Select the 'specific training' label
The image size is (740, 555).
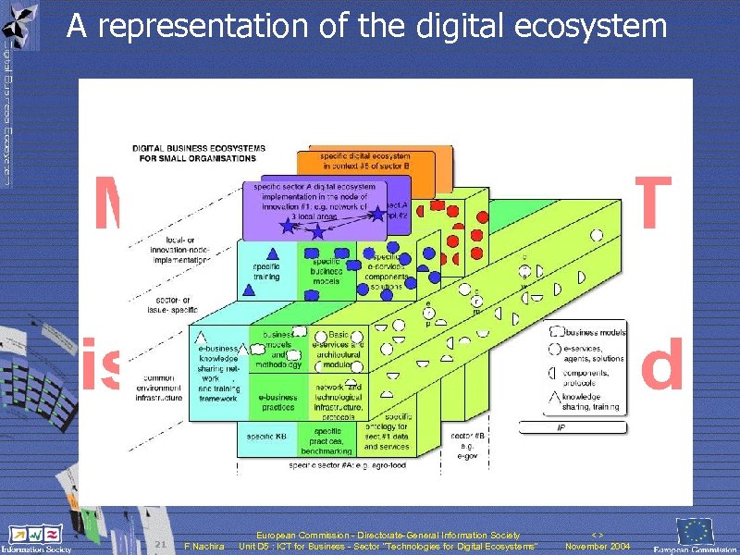click(267, 271)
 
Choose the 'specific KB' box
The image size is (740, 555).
click(267, 435)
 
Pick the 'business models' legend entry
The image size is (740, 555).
click(593, 331)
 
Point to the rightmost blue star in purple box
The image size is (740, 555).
click(378, 215)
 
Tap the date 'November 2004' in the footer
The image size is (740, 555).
click(598, 547)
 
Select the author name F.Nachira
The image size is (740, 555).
click(205, 547)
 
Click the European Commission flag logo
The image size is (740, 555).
click(696, 532)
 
